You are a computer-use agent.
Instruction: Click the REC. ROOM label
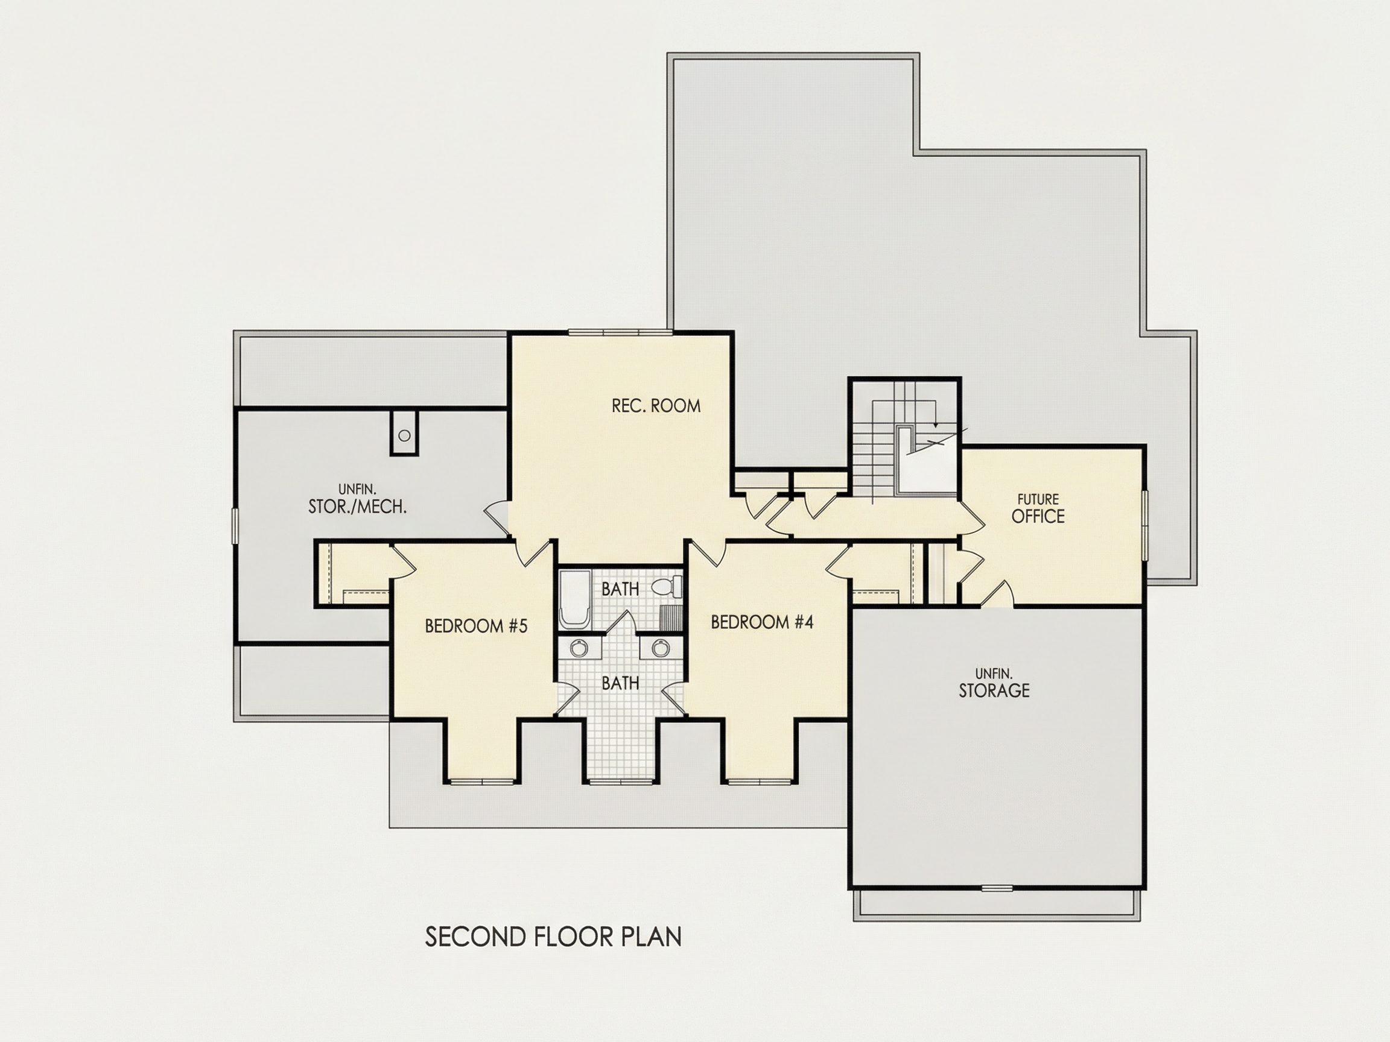(656, 406)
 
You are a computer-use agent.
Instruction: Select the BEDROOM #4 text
(762, 622)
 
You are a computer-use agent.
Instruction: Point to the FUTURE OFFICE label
(1038, 509)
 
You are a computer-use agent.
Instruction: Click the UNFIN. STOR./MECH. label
(357, 499)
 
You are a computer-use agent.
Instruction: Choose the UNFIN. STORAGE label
(994, 683)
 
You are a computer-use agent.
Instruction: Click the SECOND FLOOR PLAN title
(553, 936)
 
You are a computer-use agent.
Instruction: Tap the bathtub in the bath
(574, 599)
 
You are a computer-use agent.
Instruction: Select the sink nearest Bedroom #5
(579, 648)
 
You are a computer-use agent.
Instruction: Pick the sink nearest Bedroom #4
(659, 648)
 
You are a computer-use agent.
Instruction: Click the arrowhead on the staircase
(935, 425)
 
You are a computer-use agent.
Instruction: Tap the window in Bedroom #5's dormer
(482, 782)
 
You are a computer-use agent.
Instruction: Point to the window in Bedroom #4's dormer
(760, 782)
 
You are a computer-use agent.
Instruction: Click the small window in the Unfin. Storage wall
(997, 888)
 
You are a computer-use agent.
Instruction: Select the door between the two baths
(621, 622)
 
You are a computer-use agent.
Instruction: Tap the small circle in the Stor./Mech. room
(405, 435)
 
